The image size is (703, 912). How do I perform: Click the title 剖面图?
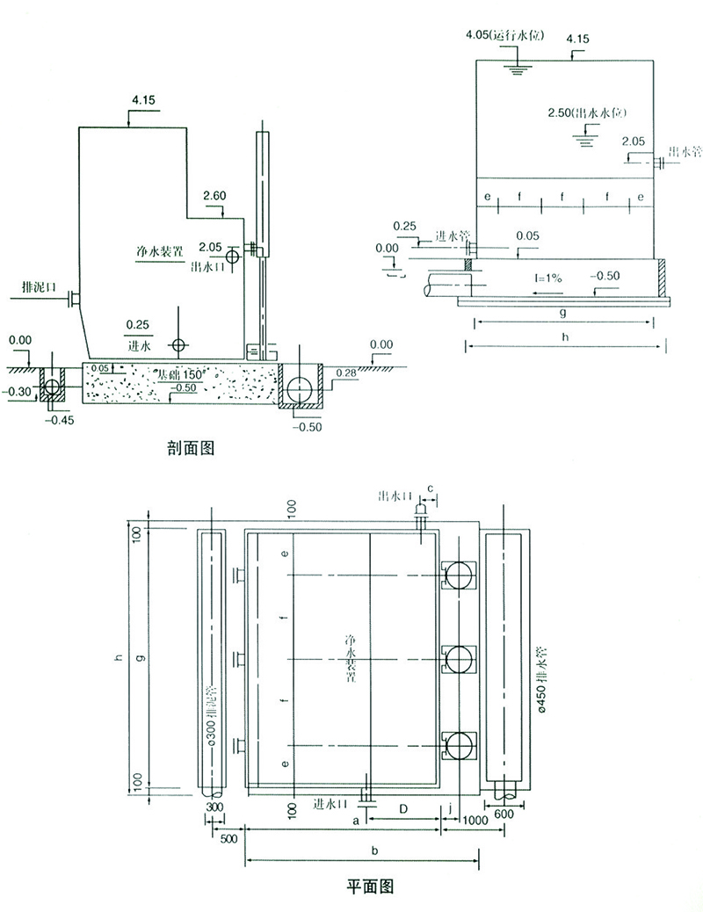pyautogui.click(x=191, y=448)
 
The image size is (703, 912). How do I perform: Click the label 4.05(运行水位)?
pyautogui.click(x=506, y=36)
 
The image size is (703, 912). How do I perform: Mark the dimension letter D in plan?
pyautogui.click(x=402, y=807)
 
